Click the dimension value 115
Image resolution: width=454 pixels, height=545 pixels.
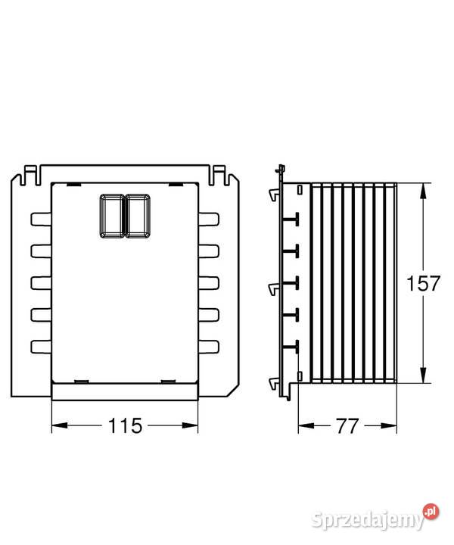coord(125,425)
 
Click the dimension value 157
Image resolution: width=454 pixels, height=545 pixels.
coord(423,283)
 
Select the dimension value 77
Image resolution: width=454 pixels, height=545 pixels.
coord(347,425)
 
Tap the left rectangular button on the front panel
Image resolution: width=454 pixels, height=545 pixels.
coord(111,216)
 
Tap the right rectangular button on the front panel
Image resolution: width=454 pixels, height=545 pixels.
coord(138,216)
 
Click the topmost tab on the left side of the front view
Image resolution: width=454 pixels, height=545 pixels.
coord(41,220)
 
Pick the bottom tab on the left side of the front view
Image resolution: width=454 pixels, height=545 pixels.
coord(41,347)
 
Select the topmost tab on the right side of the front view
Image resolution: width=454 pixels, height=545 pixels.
coord(209,220)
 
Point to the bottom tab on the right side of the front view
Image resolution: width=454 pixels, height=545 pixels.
coord(209,347)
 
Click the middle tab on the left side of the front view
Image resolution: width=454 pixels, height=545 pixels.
coord(41,283)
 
